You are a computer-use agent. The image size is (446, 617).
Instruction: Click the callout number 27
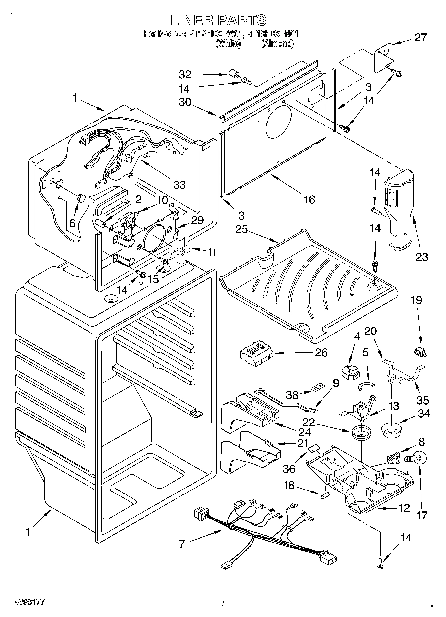(x=421, y=37)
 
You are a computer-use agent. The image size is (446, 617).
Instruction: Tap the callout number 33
(x=179, y=185)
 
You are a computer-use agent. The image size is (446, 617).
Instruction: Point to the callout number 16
(x=309, y=199)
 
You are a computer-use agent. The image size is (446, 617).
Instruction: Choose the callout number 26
(x=321, y=352)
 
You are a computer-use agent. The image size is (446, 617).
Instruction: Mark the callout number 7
(x=182, y=544)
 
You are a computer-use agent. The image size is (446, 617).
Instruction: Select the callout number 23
(x=422, y=257)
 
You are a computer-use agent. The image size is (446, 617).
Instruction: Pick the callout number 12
(x=404, y=508)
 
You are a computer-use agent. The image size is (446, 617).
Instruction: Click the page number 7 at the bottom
(x=223, y=603)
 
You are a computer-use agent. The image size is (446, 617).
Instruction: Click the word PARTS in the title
(x=241, y=20)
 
